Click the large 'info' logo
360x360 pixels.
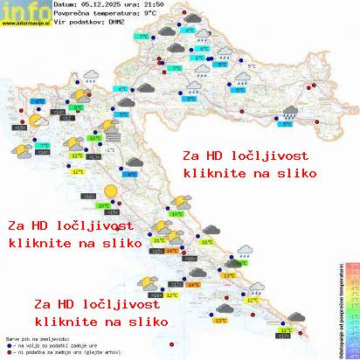24,11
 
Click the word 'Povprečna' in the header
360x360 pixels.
71,14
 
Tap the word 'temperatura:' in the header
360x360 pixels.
115,14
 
